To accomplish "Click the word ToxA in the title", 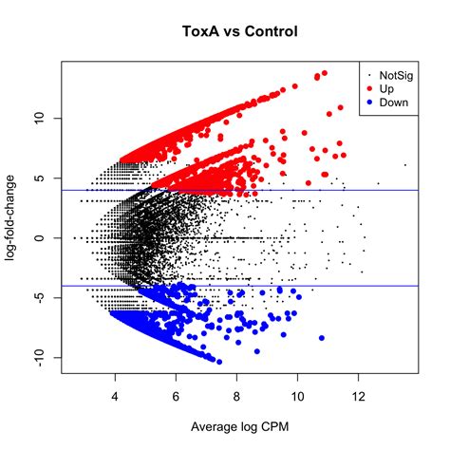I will click(x=199, y=32).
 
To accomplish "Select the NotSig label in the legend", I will click(x=395, y=74).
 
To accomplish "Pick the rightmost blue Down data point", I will click(x=321, y=338).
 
